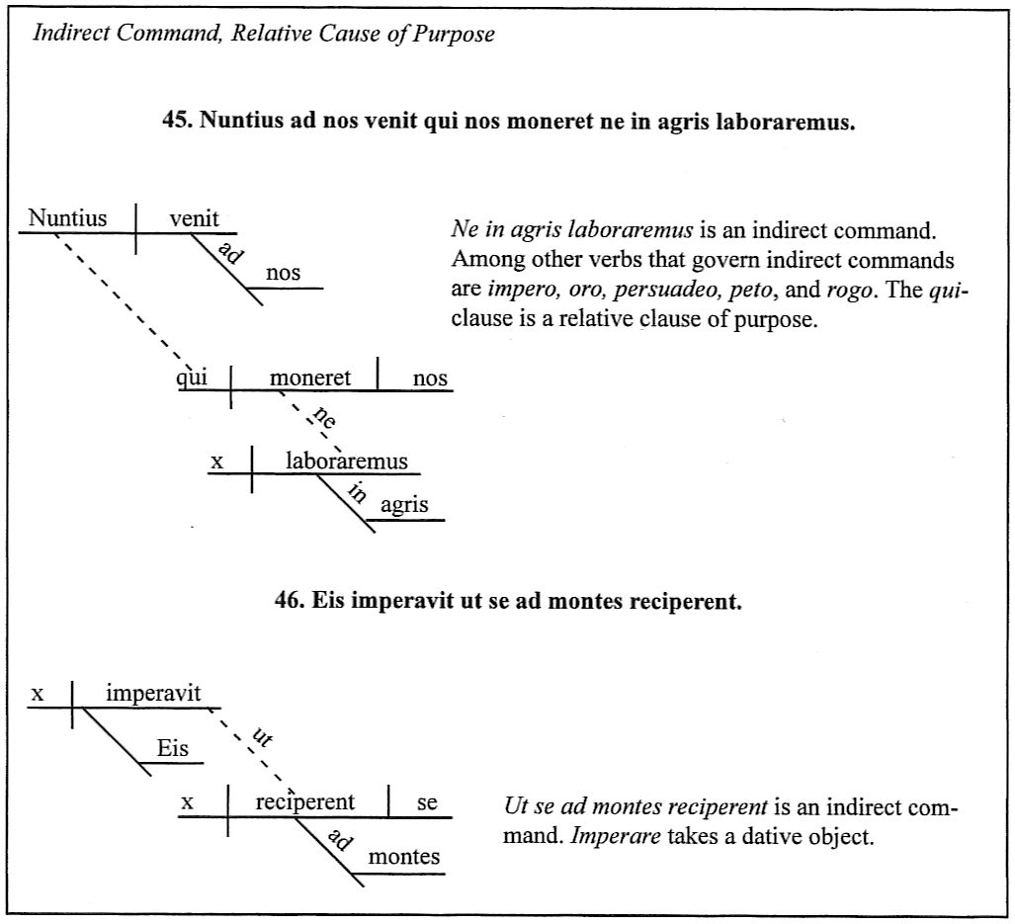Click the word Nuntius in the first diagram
(x=67, y=218)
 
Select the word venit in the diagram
(x=194, y=218)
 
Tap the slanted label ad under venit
(x=230, y=252)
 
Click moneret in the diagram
(x=310, y=378)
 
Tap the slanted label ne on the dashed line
(x=324, y=417)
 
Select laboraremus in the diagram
(x=347, y=461)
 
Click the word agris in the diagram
(x=404, y=505)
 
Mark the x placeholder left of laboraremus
(x=217, y=462)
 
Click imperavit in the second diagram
(x=153, y=694)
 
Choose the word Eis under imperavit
(x=173, y=749)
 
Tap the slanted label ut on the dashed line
(x=262, y=737)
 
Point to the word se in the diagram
(x=427, y=803)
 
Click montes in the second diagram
(x=404, y=858)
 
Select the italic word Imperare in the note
(x=616, y=837)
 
